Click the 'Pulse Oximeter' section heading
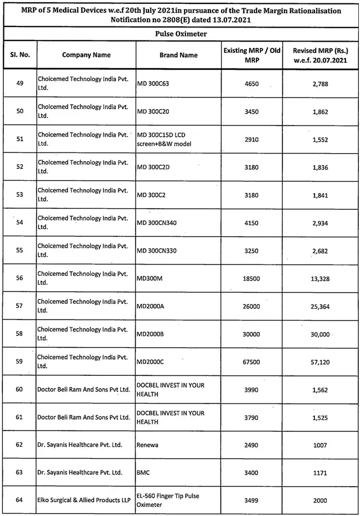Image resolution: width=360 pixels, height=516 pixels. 181,34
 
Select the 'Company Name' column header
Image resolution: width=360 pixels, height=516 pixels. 86,55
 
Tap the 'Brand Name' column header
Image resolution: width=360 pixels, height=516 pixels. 178,55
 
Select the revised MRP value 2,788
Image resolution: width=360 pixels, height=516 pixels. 318,84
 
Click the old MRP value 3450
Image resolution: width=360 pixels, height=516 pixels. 251,111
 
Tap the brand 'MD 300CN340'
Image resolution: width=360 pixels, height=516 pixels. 157,223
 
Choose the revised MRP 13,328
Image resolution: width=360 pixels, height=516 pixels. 318,278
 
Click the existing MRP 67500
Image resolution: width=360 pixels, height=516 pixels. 251,362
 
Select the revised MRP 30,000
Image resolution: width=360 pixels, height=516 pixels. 318,334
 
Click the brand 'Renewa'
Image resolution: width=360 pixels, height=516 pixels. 147,445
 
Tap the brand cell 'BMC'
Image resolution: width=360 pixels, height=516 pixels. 143,473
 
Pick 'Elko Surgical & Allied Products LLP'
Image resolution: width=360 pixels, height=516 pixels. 85,500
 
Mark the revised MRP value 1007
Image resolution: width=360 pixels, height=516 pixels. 318,445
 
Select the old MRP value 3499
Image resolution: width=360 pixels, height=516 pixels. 251,500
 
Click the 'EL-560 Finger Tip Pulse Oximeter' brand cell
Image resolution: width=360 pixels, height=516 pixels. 168,500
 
